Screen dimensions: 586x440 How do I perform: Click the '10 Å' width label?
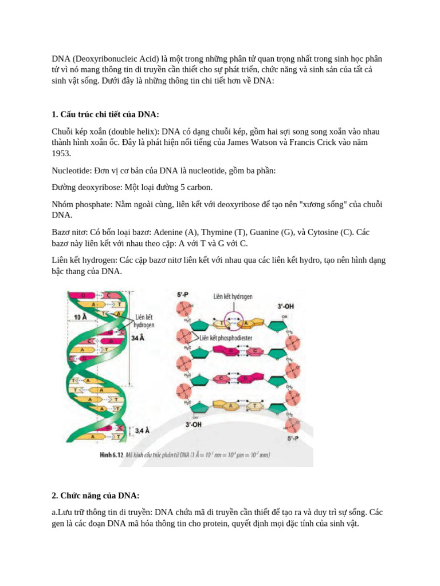tap(80, 316)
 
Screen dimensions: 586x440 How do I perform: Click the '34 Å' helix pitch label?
tap(138, 338)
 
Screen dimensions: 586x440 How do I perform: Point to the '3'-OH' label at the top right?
tap(286, 307)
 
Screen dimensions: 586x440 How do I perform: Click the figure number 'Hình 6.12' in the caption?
tap(112, 455)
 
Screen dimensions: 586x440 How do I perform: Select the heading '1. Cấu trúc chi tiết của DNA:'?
tap(105, 114)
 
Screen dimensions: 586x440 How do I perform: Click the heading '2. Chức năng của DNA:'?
tap(96, 495)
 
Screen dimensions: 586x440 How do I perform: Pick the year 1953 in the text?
tap(61, 153)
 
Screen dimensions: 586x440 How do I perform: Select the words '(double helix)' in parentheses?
tap(132, 132)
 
